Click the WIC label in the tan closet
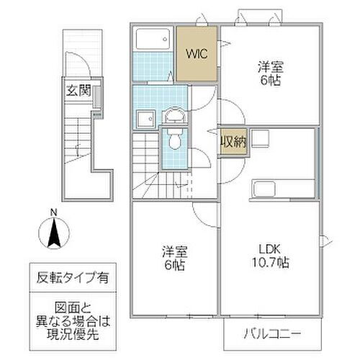click(197, 53)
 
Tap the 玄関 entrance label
click(78, 91)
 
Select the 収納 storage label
click(234, 141)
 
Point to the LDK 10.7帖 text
click(270, 258)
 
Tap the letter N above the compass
click(53, 212)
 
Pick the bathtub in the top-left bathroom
click(152, 40)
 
